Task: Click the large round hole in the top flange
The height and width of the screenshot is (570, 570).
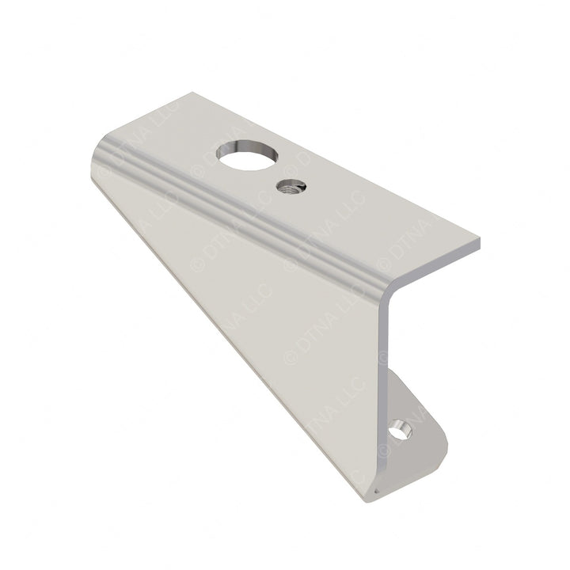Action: point(247,155)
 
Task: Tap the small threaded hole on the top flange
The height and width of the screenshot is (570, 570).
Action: point(291,188)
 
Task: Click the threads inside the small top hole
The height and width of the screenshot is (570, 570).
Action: point(289,188)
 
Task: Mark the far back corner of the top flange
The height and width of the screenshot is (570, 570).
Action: point(192,93)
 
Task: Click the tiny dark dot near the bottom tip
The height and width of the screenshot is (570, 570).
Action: point(376,491)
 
